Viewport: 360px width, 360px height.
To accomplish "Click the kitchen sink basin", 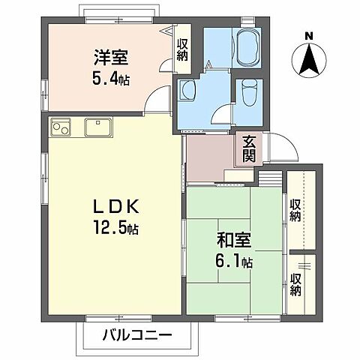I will pos(98,127).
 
